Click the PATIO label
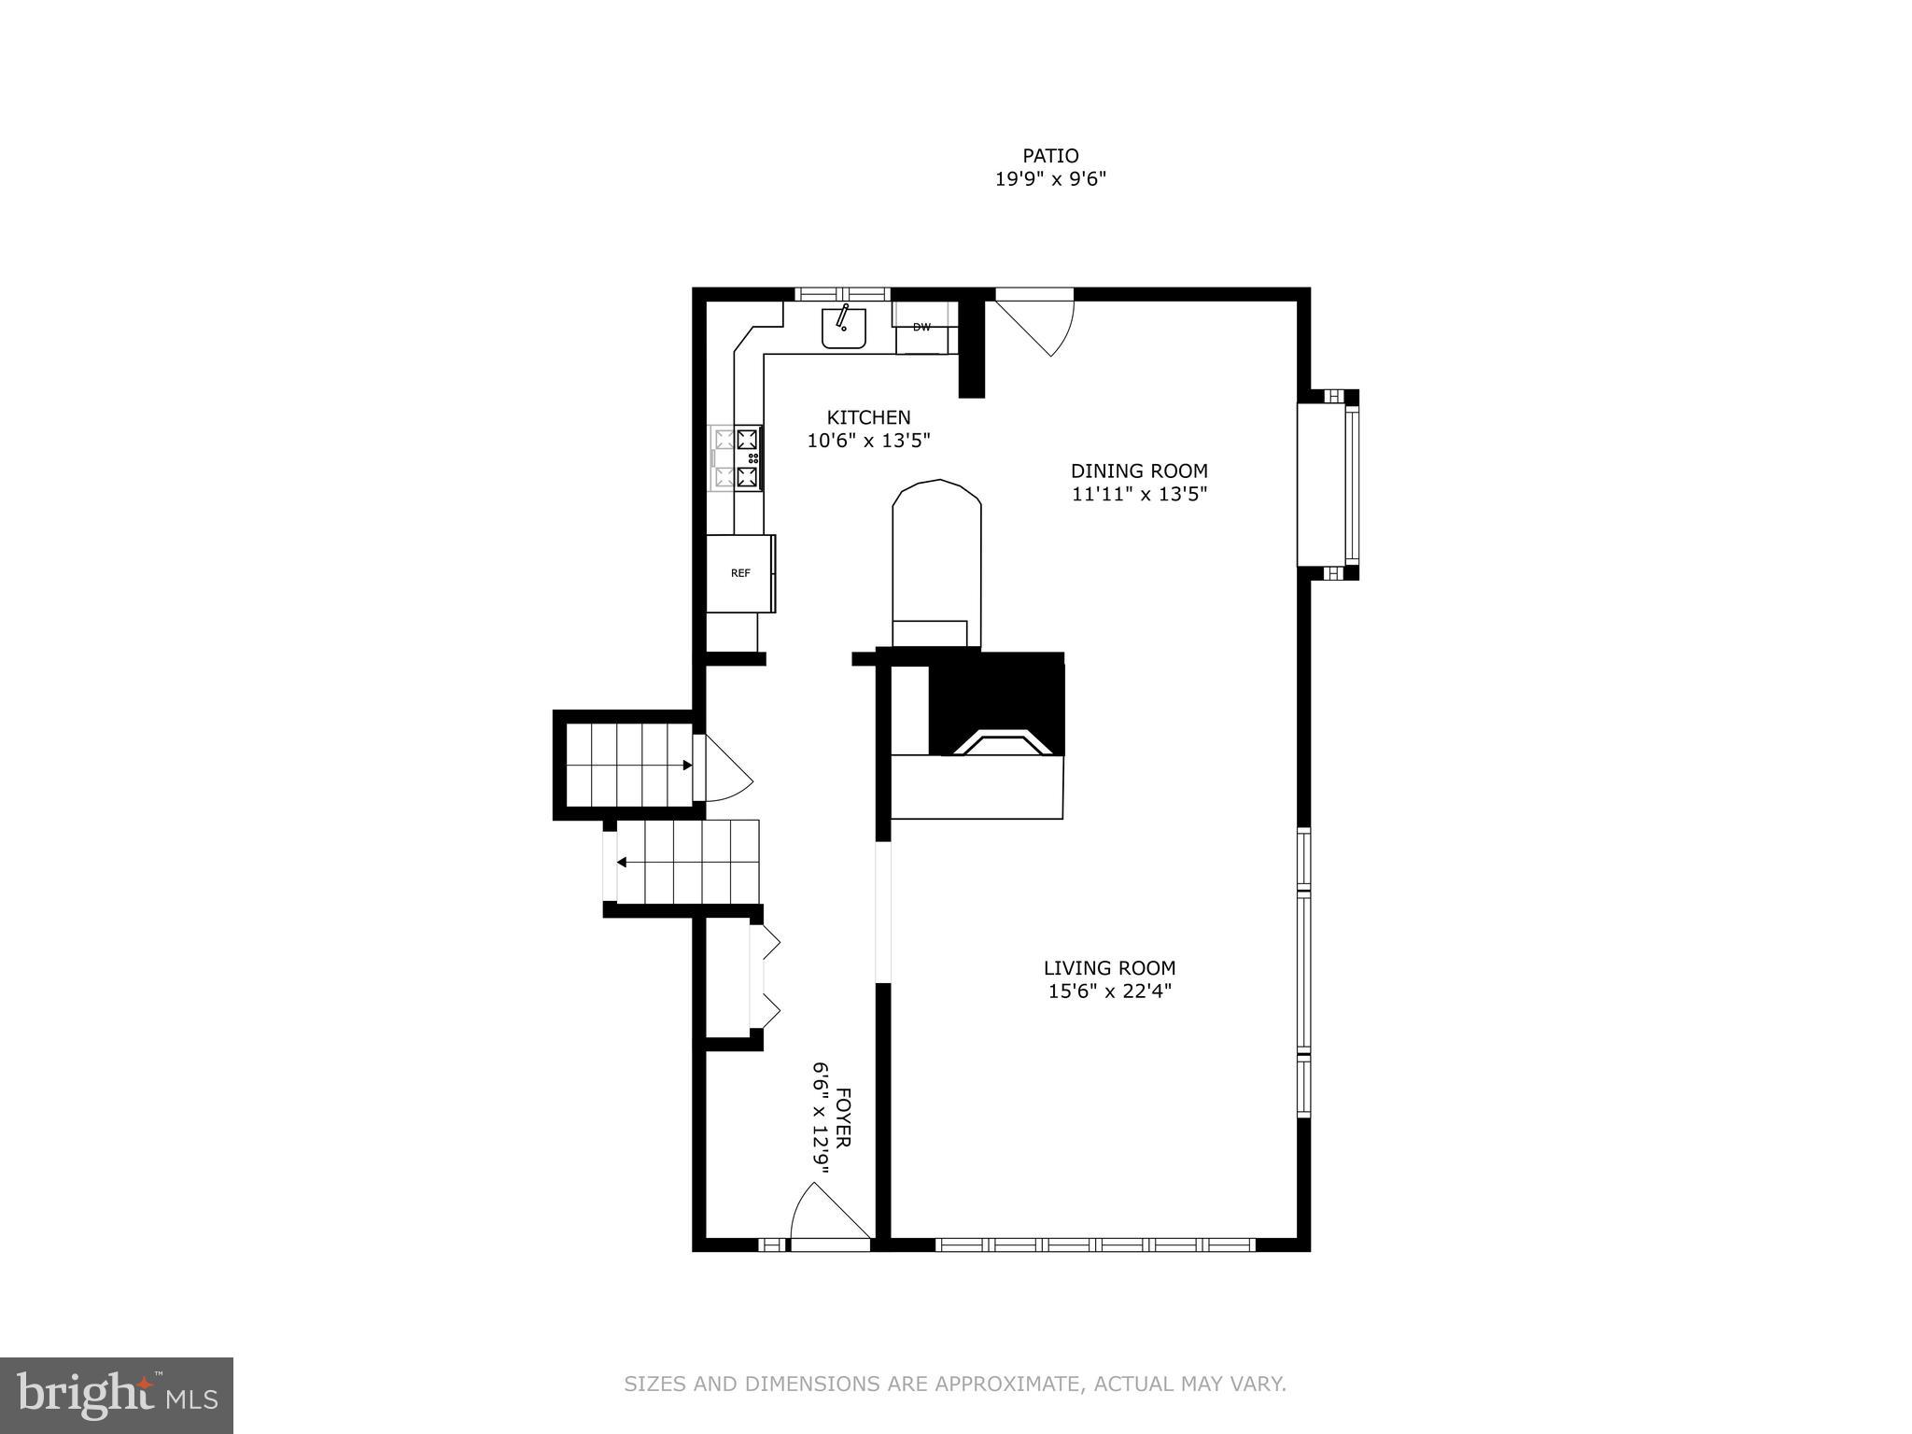coord(1050,156)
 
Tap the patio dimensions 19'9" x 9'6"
coord(1050,179)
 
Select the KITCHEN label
coord(868,417)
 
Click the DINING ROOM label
coord(1139,471)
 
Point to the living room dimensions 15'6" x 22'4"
coord(1109,991)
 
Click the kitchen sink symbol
coord(844,328)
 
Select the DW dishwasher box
coord(922,328)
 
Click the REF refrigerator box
coord(740,573)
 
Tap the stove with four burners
coord(737,457)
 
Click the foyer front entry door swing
coord(826,1214)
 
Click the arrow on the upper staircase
coord(686,766)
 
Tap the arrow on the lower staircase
coord(621,863)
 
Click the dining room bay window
coord(1329,485)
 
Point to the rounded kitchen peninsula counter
coord(936,560)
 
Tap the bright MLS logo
coord(117,1395)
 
